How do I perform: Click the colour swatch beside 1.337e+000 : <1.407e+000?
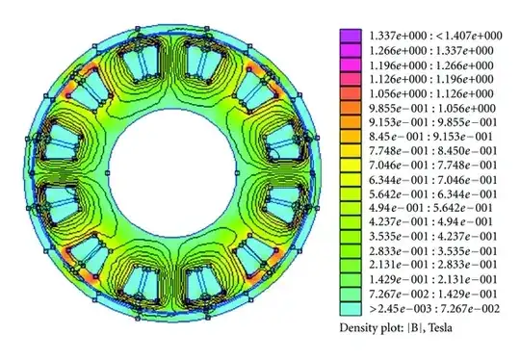[349, 36]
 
